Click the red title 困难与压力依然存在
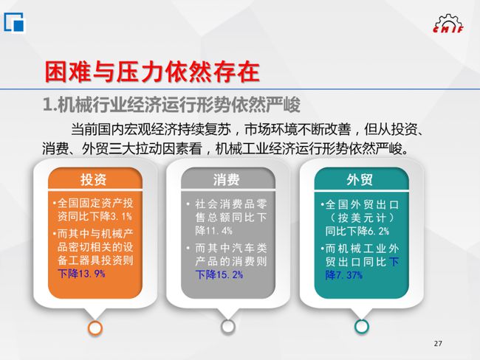point(152,72)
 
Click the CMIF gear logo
point(448,24)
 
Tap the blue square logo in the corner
point(13,22)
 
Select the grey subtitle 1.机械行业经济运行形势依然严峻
point(171,105)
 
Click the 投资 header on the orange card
point(93,179)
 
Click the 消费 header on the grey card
point(227,179)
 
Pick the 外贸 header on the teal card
point(360,179)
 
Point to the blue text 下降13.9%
point(81,274)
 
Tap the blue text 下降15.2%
point(219,274)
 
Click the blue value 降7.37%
point(344,275)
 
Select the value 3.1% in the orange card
point(121,217)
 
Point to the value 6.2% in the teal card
point(378,231)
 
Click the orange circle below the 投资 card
point(95,328)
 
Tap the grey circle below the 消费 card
point(228,327)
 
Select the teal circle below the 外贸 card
point(362,327)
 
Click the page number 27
point(438,344)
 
